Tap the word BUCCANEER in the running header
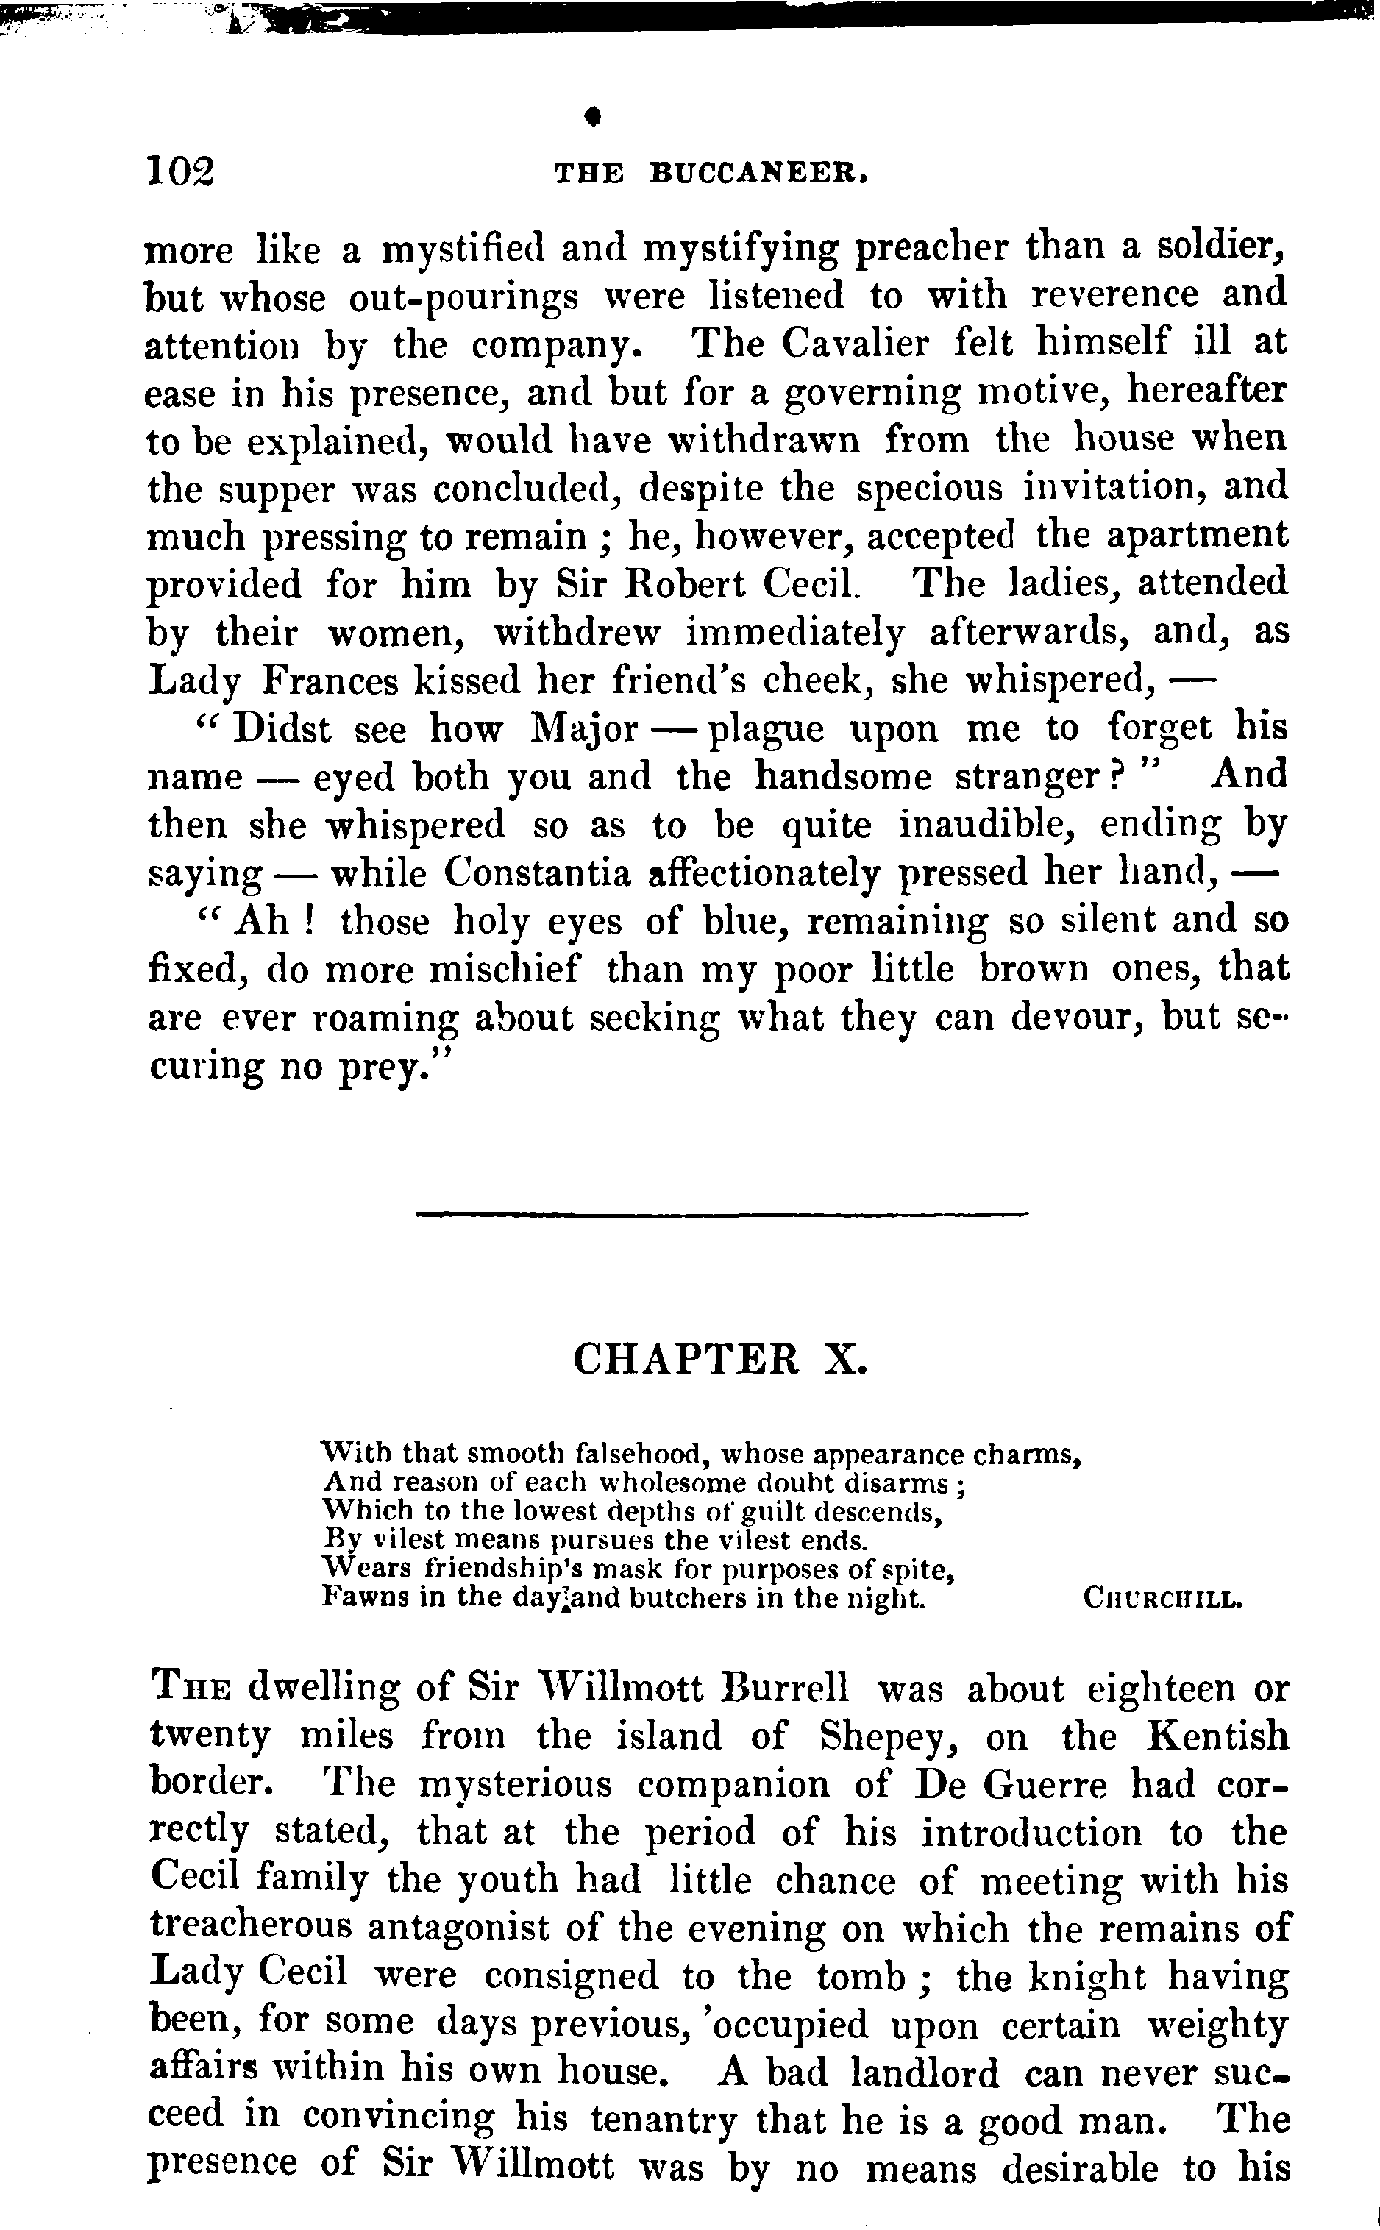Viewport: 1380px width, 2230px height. [x=757, y=174]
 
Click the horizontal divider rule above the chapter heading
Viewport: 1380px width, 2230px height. [x=721, y=1213]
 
